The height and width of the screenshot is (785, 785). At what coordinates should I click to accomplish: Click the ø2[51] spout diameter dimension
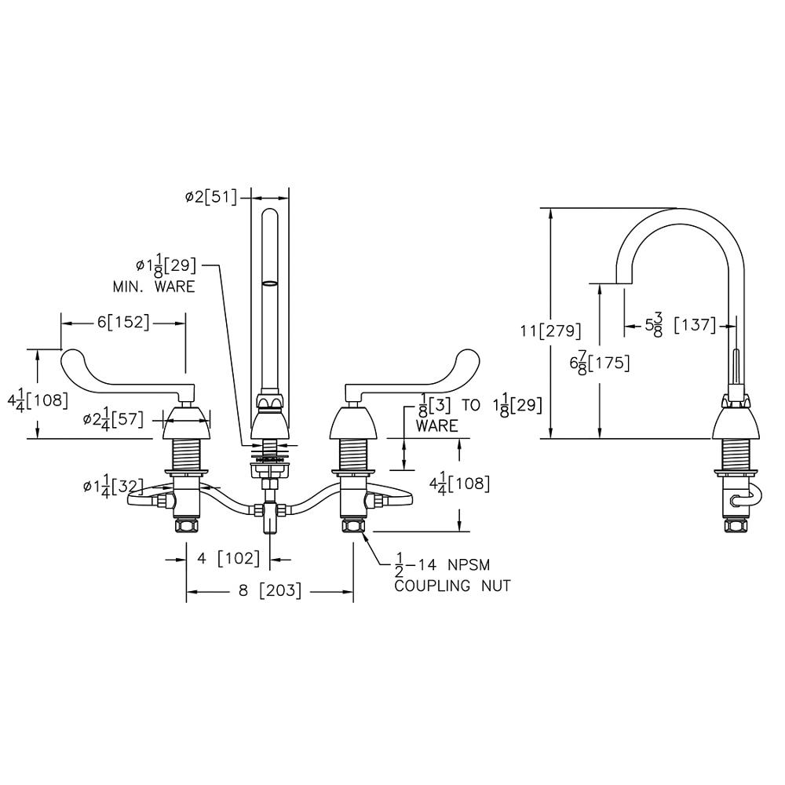211,197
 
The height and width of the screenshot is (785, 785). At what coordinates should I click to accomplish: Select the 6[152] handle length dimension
122,322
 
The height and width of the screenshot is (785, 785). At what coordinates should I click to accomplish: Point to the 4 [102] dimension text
228,558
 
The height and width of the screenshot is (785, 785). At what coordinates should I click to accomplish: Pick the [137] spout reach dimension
695,324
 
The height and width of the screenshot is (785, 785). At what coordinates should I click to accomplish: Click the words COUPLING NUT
452,586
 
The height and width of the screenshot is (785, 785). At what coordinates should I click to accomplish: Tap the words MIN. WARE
153,287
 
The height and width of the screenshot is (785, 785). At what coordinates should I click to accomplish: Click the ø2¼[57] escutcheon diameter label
114,420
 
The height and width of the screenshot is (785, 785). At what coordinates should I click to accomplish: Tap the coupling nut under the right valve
353,524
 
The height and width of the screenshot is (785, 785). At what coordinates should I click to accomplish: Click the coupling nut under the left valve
187,524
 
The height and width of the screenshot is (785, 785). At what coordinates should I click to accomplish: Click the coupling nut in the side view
736,526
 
